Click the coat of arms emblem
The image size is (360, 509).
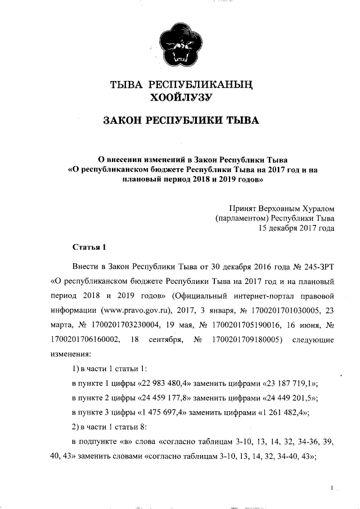tap(179, 48)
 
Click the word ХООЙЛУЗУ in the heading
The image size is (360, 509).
tap(179, 99)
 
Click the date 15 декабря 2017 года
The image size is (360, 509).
tap(296, 228)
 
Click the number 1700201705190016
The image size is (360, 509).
tap(246, 325)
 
